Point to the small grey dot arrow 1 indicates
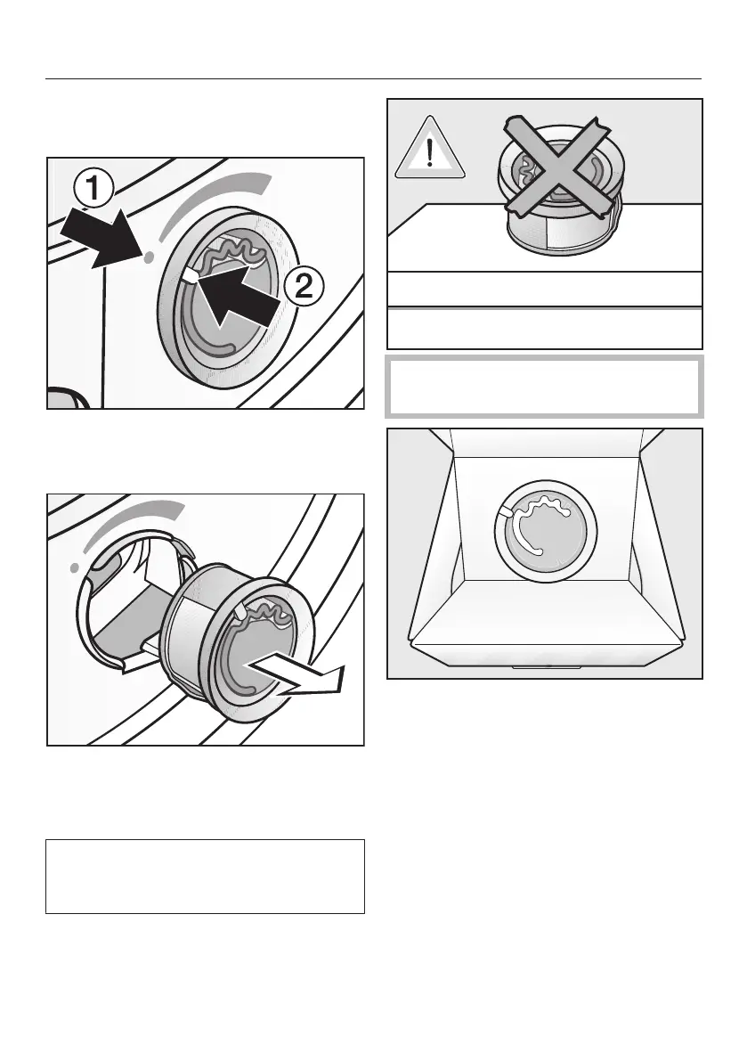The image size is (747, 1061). [149, 256]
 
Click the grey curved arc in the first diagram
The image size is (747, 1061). [214, 201]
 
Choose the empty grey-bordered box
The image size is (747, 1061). [544, 386]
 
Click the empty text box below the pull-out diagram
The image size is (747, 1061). [205, 876]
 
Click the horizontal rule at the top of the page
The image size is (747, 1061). [373, 78]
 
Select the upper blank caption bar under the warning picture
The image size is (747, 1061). [544, 289]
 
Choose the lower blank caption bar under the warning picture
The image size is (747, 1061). [544, 327]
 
